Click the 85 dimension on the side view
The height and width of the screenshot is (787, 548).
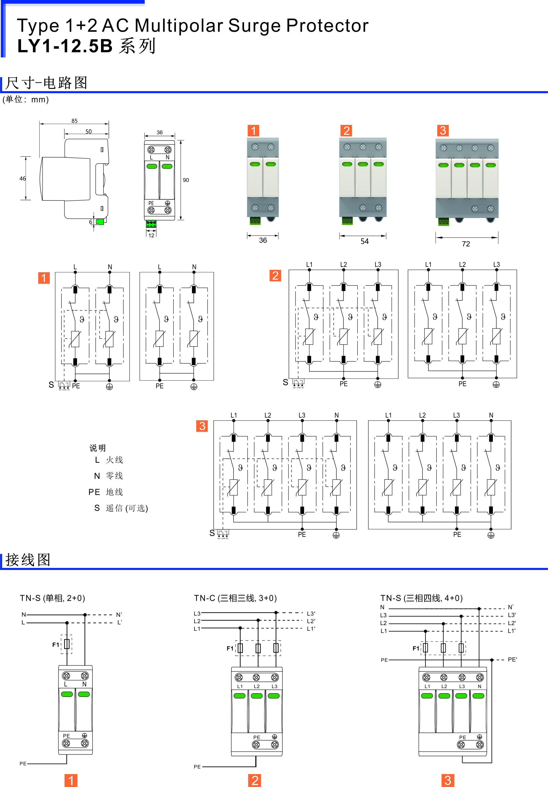pos(74,121)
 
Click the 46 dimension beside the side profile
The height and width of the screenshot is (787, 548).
pos(23,178)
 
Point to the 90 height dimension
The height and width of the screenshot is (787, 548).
pos(186,180)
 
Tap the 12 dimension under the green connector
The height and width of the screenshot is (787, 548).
pos(151,235)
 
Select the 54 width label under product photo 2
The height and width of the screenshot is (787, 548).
pos(365,241)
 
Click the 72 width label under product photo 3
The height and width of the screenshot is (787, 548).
pos(466,244)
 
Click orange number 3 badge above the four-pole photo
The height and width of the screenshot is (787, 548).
pos(443,131)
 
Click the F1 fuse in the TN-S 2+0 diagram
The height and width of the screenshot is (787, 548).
pos(67,644)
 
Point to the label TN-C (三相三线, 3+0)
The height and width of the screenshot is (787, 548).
pos(235,598)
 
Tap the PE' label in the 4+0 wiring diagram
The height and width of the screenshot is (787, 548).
pos(512,660)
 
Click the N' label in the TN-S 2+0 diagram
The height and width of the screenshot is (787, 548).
pos(119,615)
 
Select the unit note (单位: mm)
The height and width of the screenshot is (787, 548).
pos(26,100)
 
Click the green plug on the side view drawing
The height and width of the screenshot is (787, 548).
pos(100,222)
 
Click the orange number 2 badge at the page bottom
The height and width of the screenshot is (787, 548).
pos(254,780)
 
